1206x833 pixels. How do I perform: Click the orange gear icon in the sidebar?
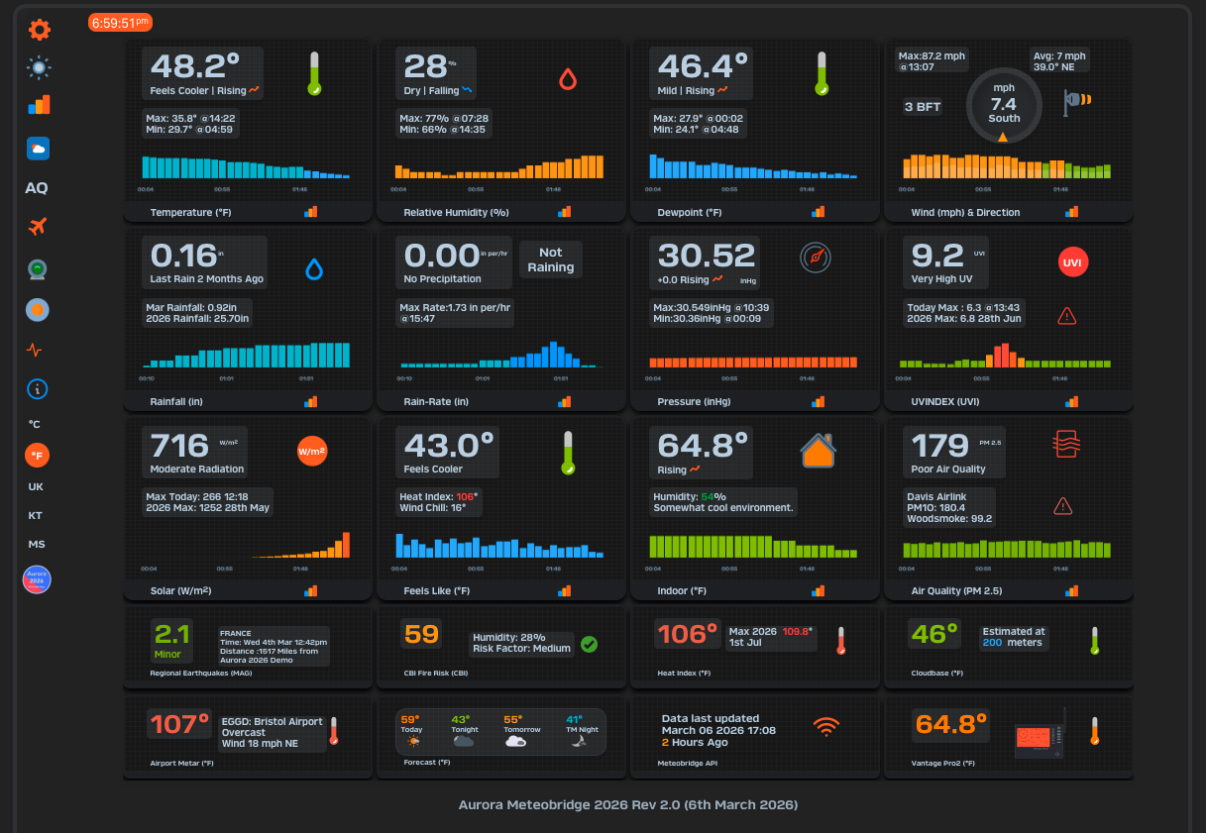point(39,30)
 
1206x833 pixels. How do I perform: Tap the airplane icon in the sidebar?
point(38,227)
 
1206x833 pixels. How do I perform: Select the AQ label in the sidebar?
point(37,188)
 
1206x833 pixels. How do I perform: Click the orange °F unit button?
point(37,456)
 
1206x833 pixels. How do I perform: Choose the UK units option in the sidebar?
point(36,487)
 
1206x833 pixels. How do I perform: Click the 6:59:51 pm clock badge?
point(120,23)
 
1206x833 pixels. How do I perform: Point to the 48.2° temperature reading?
point(195,66)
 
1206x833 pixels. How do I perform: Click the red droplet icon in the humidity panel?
point(568,79)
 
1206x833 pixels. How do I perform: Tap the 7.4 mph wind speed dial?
point(1004,104)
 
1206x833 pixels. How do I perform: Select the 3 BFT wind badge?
point(923,107)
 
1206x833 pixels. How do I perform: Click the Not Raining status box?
point(551,260)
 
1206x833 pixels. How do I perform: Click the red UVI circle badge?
point(1071,262)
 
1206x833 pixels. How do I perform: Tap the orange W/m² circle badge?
point(312,451)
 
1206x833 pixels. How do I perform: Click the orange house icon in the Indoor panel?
point(818,450)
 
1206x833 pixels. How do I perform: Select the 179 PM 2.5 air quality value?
point(940,446)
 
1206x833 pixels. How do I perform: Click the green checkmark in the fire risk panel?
point(589,644)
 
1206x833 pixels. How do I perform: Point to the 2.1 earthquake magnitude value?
point(172,634)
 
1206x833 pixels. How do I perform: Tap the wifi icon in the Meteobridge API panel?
point(825,727)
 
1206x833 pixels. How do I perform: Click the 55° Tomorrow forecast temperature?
point(512,720)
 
